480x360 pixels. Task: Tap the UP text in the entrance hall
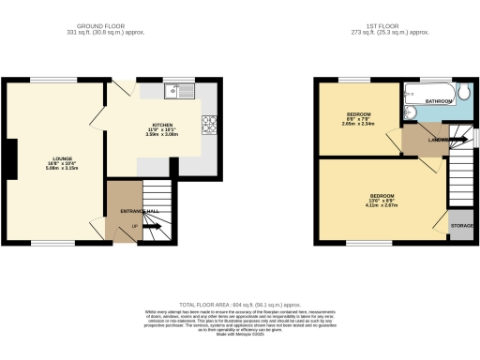135,226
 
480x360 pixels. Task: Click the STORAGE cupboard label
461,226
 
